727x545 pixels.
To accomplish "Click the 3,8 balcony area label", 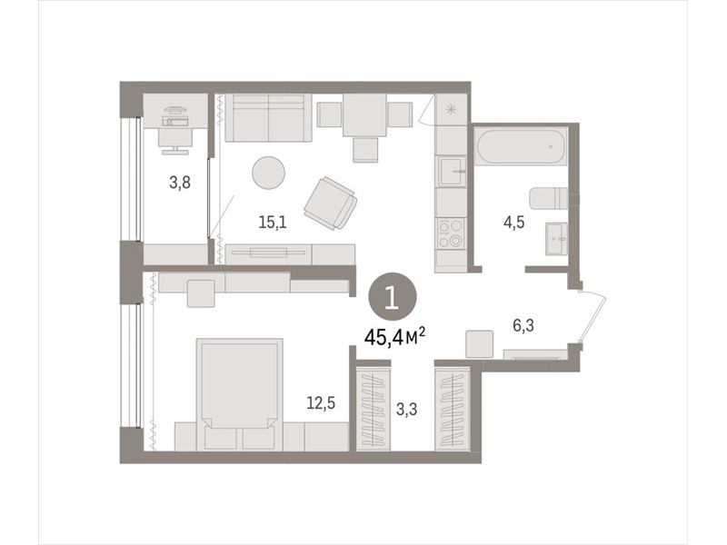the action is [x=180, y=183].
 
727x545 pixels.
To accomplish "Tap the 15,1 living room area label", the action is [x=273, y=223].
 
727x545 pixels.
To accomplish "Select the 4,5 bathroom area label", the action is [x=514, y=223].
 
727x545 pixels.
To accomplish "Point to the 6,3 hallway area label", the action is [x=523, y=326].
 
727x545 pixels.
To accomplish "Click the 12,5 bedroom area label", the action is [x=321, y=403].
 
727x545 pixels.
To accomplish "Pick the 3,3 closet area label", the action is [x=406, y=410].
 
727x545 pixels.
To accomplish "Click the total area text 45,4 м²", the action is [x=395, y=337].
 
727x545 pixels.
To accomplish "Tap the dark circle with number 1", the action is [x=393, y=297].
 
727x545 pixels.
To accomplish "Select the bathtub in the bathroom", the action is [x=522, y=146].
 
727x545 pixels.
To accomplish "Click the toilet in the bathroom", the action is [x=549, y=198].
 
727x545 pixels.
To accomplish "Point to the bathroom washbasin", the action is [x=556, y=239].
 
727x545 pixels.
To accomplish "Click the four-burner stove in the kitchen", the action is [x=451, y=233].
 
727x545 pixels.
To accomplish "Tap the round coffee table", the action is [x=268, y=173].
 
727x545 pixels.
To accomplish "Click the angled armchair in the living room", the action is [x=331, y=203].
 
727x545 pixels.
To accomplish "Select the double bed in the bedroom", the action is [x=239, y=394].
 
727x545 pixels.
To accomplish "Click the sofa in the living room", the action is [x=268, y=118].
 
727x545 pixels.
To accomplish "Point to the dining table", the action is [x=365, y=115].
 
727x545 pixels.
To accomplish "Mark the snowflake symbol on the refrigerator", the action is [x=450, y=110].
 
